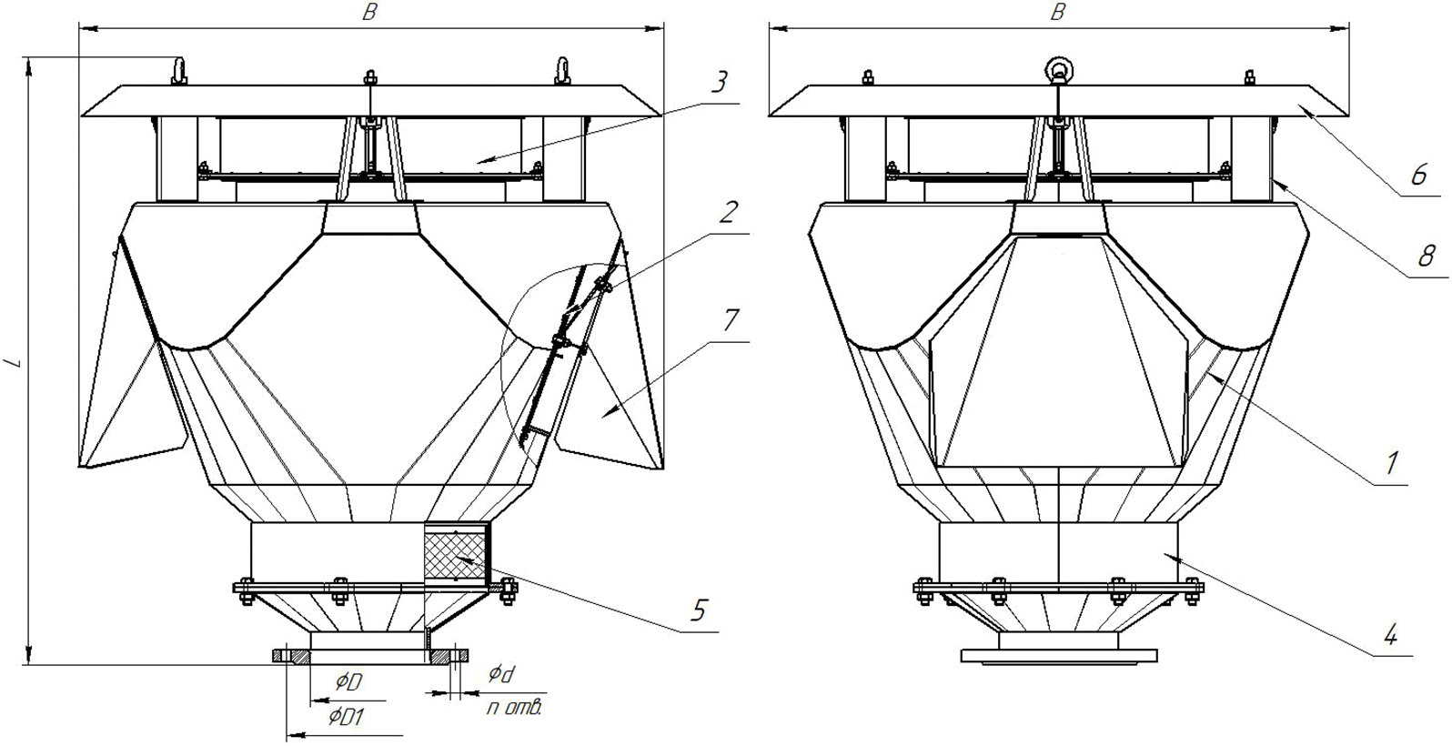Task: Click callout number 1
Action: [1390, 462]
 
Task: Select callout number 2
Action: [727, 211]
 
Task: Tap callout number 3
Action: [720, 82]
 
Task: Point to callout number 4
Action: [1390, 633]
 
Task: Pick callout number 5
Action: [698, 610]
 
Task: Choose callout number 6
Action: [1420, 175]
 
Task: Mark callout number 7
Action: [731, 320]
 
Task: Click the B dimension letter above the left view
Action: [369, 12]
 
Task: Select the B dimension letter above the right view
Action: [1058, 12]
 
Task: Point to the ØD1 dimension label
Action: [346, 718]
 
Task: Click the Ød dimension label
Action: [501, 676]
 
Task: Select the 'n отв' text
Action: [514, 707]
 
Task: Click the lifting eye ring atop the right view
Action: [1057, 70]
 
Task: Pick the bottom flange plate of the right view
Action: [1059, 655]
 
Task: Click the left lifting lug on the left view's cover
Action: [179, 71]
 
